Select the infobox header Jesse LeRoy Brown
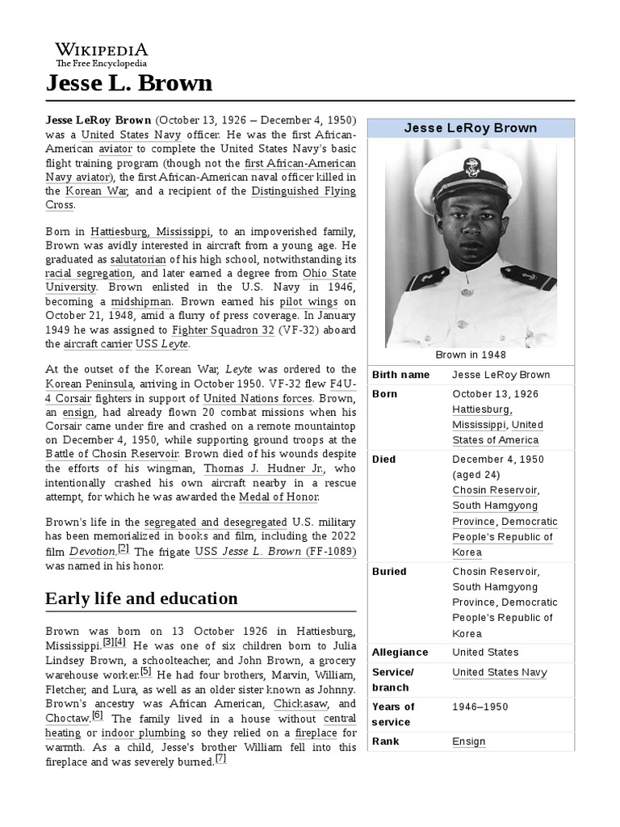click(471, 128)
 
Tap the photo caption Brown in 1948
click(471, 355)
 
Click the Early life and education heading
click(141, 598)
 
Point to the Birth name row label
click(401, 376)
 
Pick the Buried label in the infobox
click(389, 572)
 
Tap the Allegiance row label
click(400, 653)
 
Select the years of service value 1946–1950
click(480, 707)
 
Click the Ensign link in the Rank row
click(469, 741)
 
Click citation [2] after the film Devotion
click(124, 548)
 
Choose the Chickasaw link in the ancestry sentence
click(282, 703)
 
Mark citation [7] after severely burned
click(220, 759)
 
